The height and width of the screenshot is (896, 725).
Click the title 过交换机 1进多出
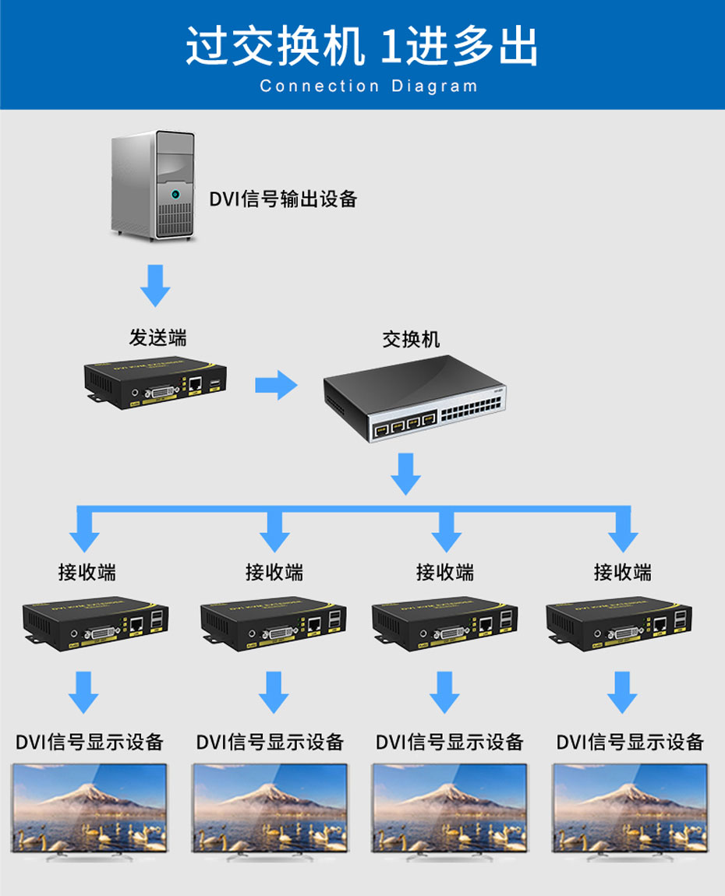362,47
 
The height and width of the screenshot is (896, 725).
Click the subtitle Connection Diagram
368,86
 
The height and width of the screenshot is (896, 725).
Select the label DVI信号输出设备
283,199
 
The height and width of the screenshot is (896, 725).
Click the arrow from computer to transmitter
155,285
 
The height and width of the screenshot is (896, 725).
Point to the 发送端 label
157,337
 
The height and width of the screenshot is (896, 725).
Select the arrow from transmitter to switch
276,384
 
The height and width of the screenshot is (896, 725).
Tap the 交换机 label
411,339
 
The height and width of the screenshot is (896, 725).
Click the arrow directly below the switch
405,474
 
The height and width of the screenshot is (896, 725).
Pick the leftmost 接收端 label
87,573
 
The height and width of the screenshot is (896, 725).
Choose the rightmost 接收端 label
622,573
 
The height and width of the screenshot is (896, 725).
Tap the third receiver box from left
444,623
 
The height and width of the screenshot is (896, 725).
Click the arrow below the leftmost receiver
83,692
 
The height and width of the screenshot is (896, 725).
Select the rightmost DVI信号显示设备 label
630,742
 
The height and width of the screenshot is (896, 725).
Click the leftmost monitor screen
89,807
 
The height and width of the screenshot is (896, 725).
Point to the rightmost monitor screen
630,807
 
